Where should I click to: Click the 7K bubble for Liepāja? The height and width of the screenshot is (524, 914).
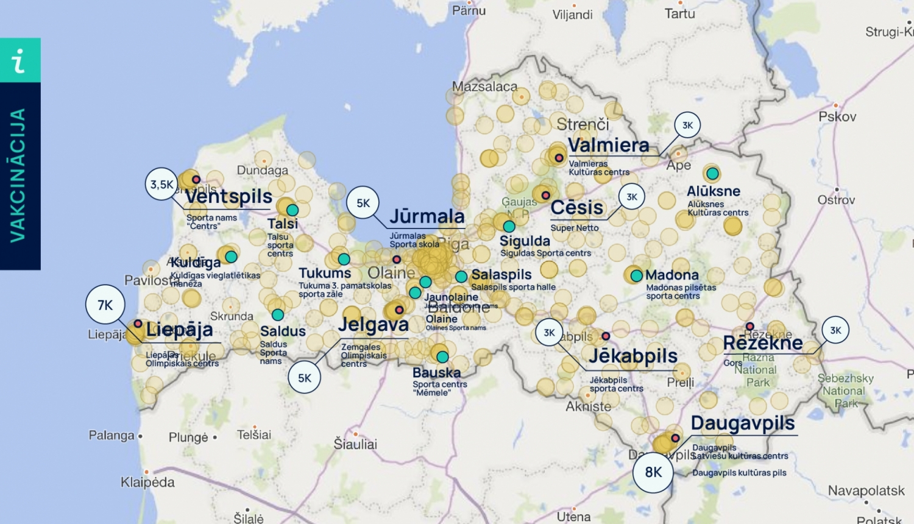(x=105, y=305)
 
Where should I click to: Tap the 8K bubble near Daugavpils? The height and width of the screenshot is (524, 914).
(x=653, y=472)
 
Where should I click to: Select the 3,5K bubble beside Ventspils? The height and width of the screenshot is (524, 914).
(x=162, y=184)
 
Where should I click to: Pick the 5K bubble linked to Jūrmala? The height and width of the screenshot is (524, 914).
(x=363, y=203)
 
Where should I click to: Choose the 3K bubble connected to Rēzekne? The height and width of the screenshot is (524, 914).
(x=835, y=330)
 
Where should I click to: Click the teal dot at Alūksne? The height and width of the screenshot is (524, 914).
(x=712, y=174)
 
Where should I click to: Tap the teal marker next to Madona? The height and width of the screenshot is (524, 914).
(x=636, y=275)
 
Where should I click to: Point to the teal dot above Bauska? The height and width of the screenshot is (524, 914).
(x=442, y=356)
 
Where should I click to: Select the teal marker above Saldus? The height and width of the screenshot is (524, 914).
(x=278, y=315)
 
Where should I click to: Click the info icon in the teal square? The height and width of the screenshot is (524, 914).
(x=20, y=60)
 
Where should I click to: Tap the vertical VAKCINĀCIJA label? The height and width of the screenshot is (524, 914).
(x=18, y=175)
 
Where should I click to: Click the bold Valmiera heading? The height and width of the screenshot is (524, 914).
(x=608, y=145)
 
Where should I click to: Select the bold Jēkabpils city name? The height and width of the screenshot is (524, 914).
(x=633, y=356)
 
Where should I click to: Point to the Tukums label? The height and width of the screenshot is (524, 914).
(x=325, y=273)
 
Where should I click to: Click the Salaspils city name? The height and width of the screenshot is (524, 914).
(x=501, y=275)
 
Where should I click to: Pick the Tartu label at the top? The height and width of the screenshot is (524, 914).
(x=679, y=13)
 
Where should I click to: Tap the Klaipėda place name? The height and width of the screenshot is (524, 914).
(x=147, y=482)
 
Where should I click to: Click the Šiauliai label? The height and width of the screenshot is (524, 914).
(x=355, y=444)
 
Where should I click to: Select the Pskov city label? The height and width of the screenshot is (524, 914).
(x=837, y=116)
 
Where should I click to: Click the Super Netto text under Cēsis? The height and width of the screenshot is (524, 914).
(x=575, y=228)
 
